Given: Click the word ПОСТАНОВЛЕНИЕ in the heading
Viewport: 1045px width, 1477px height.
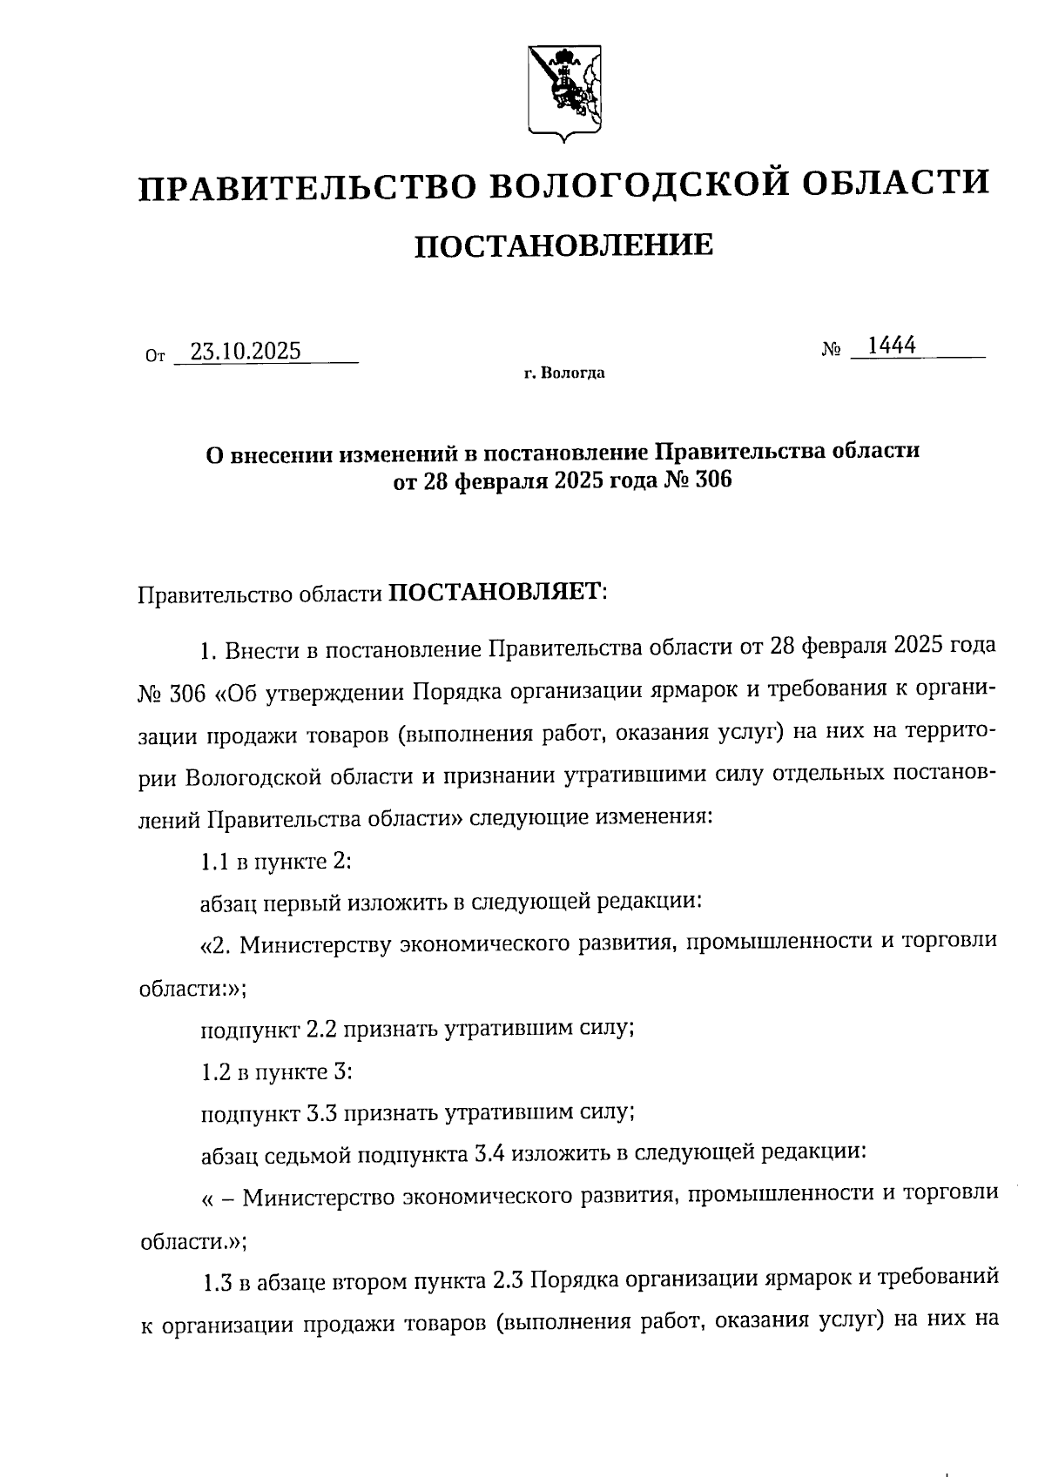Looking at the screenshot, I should pos(563,246).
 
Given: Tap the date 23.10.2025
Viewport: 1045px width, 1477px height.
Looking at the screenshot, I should pos(246,351).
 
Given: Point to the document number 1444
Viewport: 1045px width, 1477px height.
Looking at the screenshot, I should pos(892,346).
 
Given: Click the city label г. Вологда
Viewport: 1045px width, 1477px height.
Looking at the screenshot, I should pos(564,374).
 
